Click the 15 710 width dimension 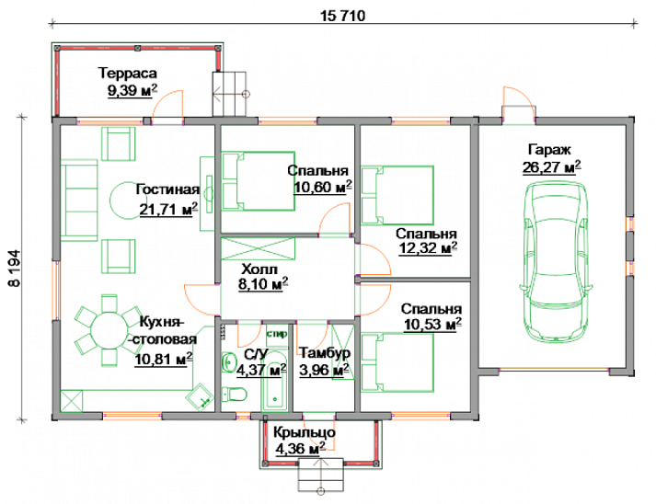342,16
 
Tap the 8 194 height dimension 14,269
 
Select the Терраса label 128,74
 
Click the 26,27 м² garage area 551,167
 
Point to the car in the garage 556,263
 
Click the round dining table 109,330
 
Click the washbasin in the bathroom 228,361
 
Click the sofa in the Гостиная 79,200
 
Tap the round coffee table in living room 125,200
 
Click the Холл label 259,269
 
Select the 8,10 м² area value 263,284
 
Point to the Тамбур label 325,353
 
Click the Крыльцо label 305,432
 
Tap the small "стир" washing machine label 277,334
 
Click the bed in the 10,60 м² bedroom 259,181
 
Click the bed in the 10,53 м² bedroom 397,362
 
